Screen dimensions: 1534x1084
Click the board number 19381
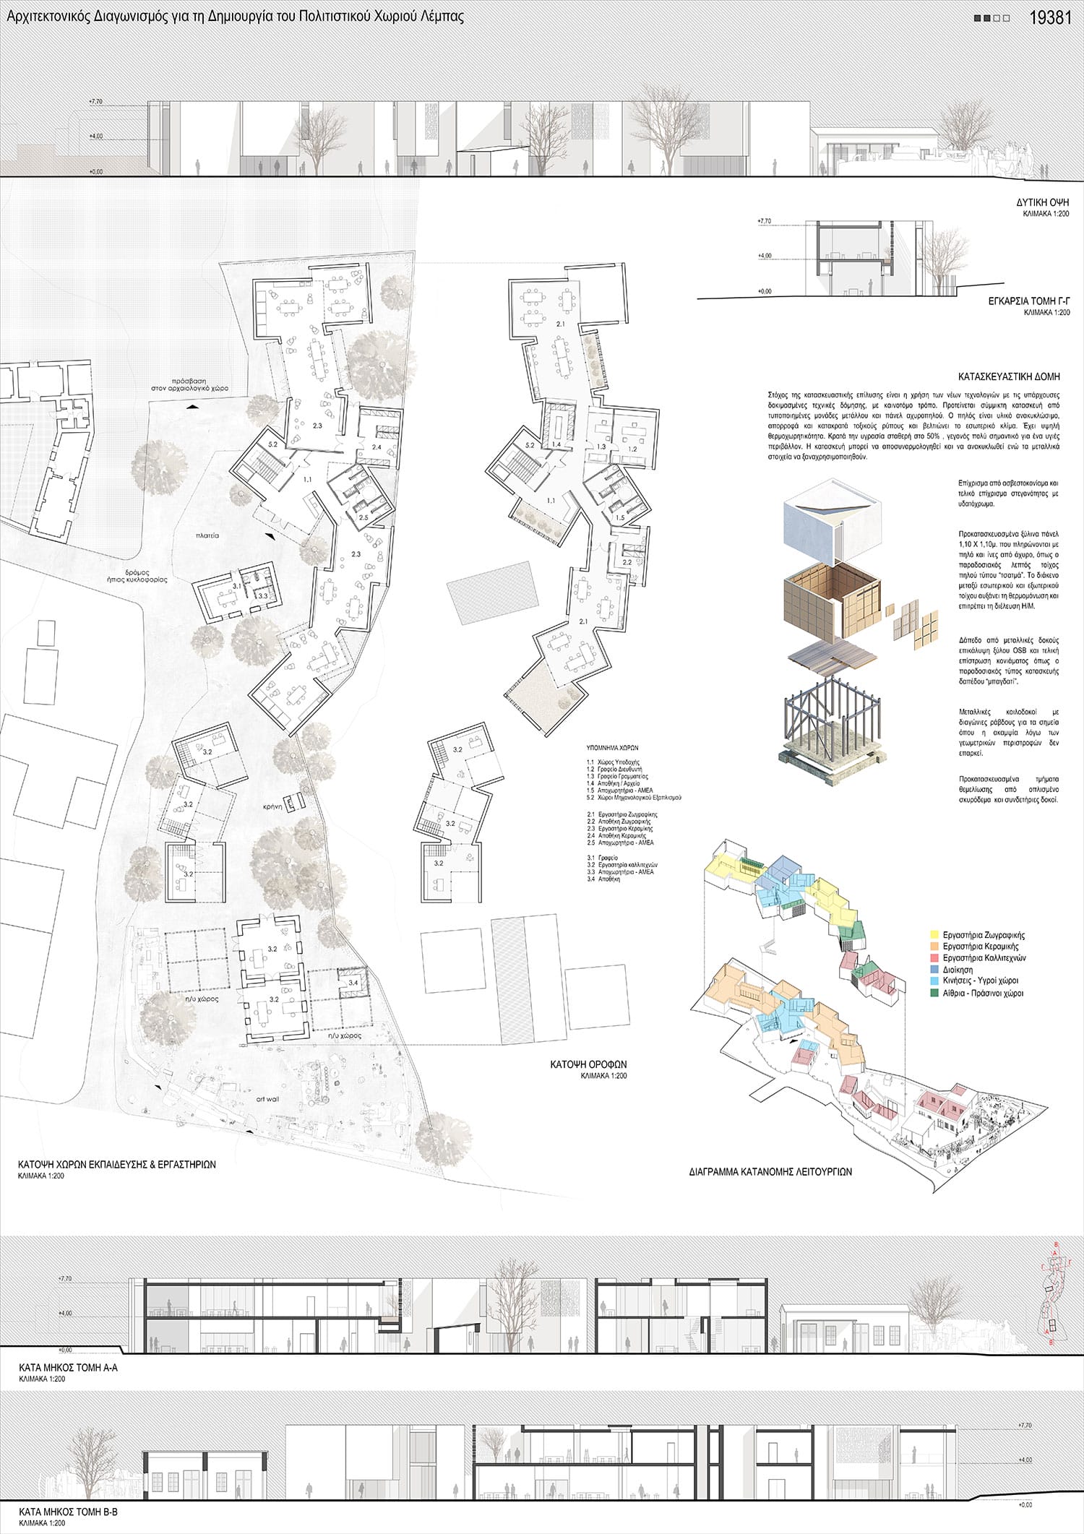coord(1049,18)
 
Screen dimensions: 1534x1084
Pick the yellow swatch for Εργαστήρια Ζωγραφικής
coord(934,935)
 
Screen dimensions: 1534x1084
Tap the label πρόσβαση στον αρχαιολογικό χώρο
coord(190,384)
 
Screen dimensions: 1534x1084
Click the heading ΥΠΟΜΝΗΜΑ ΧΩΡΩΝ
coord(613,748)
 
